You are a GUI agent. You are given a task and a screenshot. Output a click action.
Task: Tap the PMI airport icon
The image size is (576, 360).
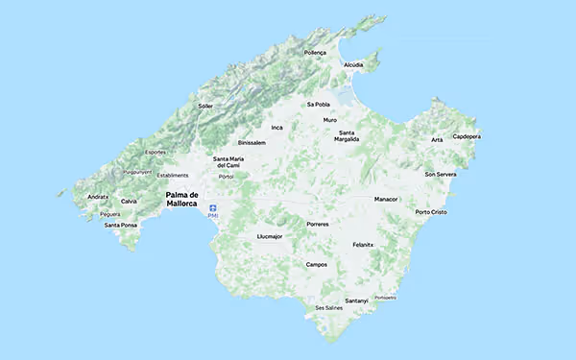click(213, 209)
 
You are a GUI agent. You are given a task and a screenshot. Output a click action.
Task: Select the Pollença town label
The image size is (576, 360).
click(314, 53)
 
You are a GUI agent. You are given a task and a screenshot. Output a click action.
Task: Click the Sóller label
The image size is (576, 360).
click(204, 106)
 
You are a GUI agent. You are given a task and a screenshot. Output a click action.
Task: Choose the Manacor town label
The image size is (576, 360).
click(385, 199)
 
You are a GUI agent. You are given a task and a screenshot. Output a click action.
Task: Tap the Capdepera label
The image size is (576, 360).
click(467, 136)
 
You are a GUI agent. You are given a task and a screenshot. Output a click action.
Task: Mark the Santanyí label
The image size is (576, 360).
click(356, 300)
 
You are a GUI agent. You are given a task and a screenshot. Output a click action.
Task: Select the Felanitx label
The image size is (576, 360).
click(362, 244)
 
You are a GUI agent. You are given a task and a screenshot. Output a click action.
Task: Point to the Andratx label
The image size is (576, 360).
click(97, 197)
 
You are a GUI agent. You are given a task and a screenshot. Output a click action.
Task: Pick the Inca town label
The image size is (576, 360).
click(277, 127)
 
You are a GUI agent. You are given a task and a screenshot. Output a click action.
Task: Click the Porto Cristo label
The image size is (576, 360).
click(431, 211)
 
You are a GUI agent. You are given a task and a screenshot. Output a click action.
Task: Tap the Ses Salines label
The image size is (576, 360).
click(328, 308)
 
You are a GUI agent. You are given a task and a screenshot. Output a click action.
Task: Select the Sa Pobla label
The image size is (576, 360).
click(318, 104)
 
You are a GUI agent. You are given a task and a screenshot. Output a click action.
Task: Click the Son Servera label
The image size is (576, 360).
click(441, 174)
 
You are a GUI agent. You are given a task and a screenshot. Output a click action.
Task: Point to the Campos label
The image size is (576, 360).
click(316, 264)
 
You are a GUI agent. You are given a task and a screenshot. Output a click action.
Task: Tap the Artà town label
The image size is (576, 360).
click(437, 140)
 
